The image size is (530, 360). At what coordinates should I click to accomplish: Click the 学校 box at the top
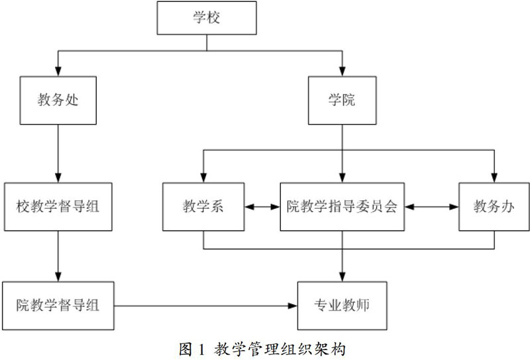click(x=206, y=17)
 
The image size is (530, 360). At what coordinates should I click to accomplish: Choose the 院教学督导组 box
click(x=58, y=306)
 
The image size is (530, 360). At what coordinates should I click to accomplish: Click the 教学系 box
click(x=203, y=206)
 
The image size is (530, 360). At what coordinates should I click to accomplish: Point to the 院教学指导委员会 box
click(x=342, y=206)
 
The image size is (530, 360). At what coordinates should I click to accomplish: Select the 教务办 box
click(x=494, y=206)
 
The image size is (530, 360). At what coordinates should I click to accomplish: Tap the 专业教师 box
click(x=342, y=306)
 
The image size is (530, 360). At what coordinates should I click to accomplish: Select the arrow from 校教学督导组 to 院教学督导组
click(x=59, y=255)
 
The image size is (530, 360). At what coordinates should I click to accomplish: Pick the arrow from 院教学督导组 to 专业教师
click(x=206, y=306)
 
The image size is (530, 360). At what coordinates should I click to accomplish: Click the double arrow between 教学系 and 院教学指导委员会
click(x=262, y=206)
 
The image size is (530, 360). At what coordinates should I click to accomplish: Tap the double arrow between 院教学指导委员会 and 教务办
click(x=432, y=206)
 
